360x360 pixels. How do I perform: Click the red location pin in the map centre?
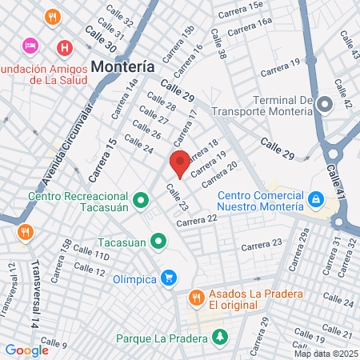tap(180, 162)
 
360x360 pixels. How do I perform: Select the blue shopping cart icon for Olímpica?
tap(168, 278)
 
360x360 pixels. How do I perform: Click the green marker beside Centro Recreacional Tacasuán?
tap(141, 199)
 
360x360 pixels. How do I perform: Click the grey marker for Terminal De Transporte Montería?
tap(324, 105)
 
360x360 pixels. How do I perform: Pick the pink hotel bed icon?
tap(30, 46)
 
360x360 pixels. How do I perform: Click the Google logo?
tap(26, 350)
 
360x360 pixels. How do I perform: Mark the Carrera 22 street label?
tap(197, 219)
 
